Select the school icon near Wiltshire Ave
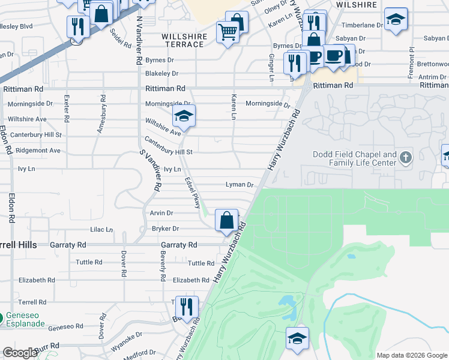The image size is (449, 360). (x=184, y=116)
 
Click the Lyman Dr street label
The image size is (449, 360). (x=240, y=185)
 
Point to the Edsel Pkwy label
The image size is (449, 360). (x=193, y=193)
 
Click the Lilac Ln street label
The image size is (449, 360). (x=101, y=229)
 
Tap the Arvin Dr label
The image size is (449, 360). (x=161, y=212)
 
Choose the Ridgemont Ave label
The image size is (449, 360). (x=38, y=150)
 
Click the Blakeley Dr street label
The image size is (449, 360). (x=162, y=73)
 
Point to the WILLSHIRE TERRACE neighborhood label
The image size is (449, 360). (x=184, y=40)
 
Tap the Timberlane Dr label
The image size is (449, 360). (x=361, y=26)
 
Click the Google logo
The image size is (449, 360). (x=20, y=353)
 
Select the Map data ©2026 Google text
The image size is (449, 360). (x=411, y=355)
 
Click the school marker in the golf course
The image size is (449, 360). (x=297, y=338)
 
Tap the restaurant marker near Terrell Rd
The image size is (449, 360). (x=186, y=307)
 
